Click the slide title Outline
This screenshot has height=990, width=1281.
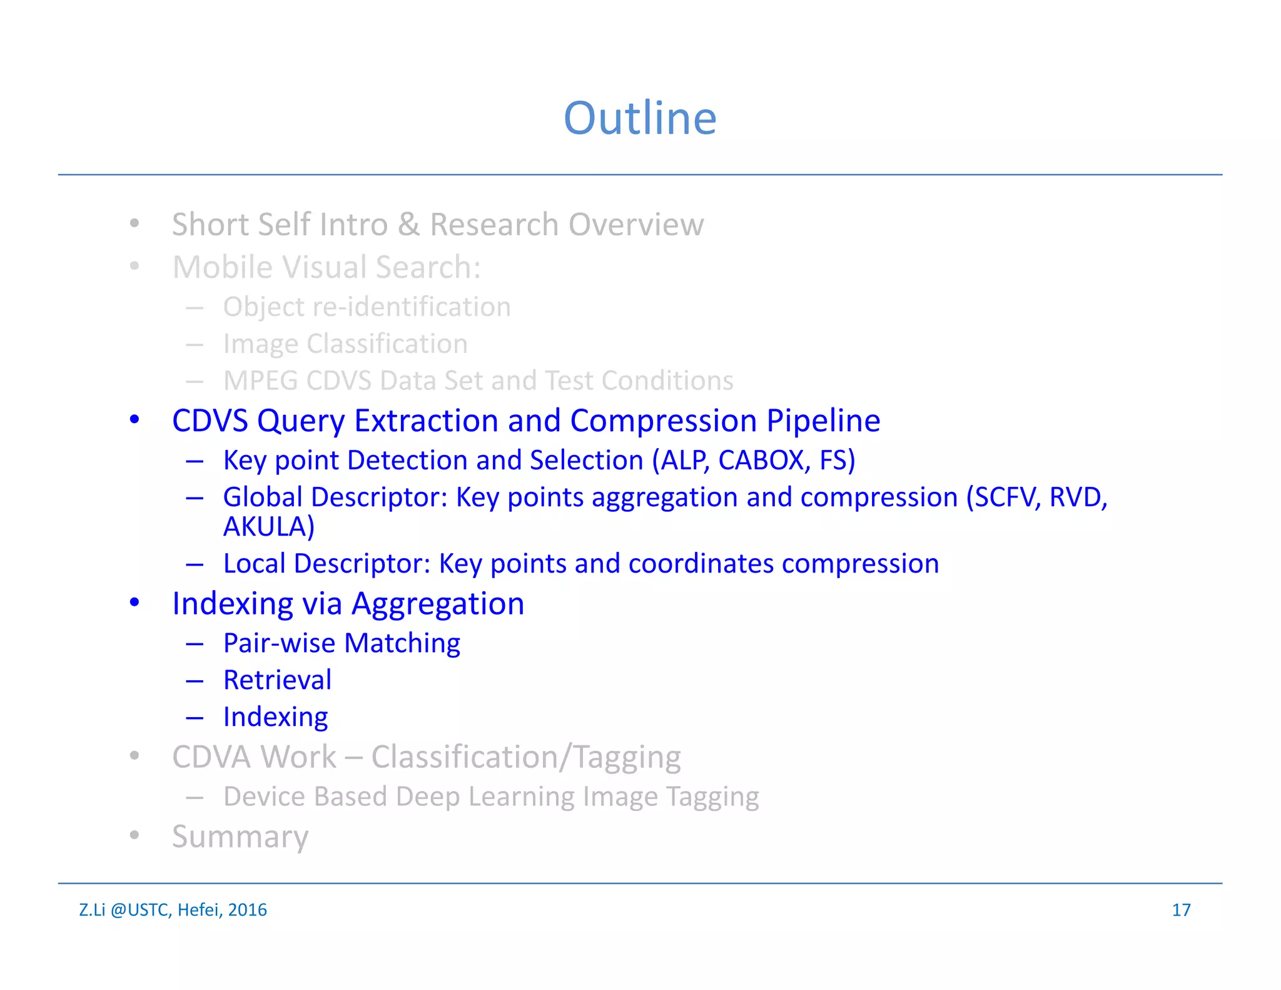(x=640, y=118)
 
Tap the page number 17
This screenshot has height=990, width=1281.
(x=1181, y=910)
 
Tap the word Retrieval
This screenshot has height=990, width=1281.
(x=277, y=680)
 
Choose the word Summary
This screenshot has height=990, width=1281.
(x=240, y=837)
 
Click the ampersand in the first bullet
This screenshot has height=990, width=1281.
(x=408, y=225)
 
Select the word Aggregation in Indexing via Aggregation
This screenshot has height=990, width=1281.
(x=438, y=605)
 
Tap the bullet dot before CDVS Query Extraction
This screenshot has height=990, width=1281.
(x=134, y=420)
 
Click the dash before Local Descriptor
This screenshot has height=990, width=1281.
(x=195, y=564)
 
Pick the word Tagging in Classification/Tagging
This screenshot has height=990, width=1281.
(x=627, y=757)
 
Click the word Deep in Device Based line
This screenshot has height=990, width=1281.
(x=428, y=797)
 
